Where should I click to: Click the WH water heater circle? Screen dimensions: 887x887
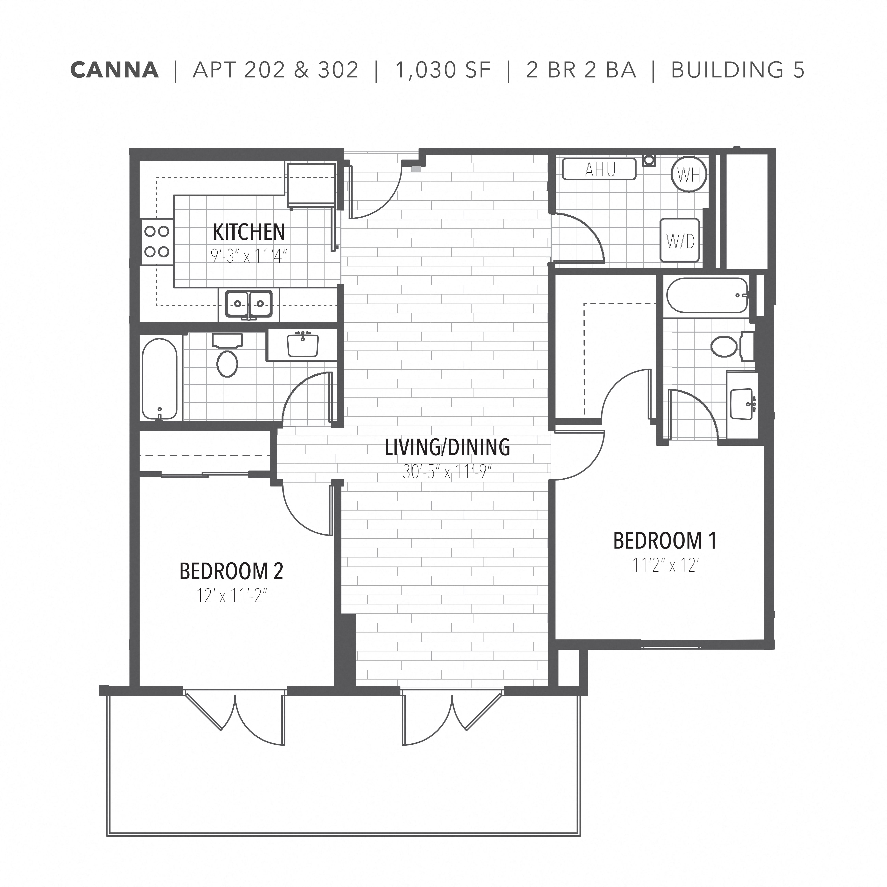tap(689, 174)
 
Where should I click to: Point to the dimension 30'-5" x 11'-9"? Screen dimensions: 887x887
tap(447, 471)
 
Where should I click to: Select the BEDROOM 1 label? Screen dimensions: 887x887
tap(665, 541)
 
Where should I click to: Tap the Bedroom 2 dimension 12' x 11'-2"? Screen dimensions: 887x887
tap(231, 596)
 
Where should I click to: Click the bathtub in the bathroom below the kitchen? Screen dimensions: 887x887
tap(159, 379)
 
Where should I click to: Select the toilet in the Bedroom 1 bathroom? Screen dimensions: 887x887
tap(725, 347)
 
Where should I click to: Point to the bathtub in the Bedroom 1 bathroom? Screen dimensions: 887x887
tap(707, 295)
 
